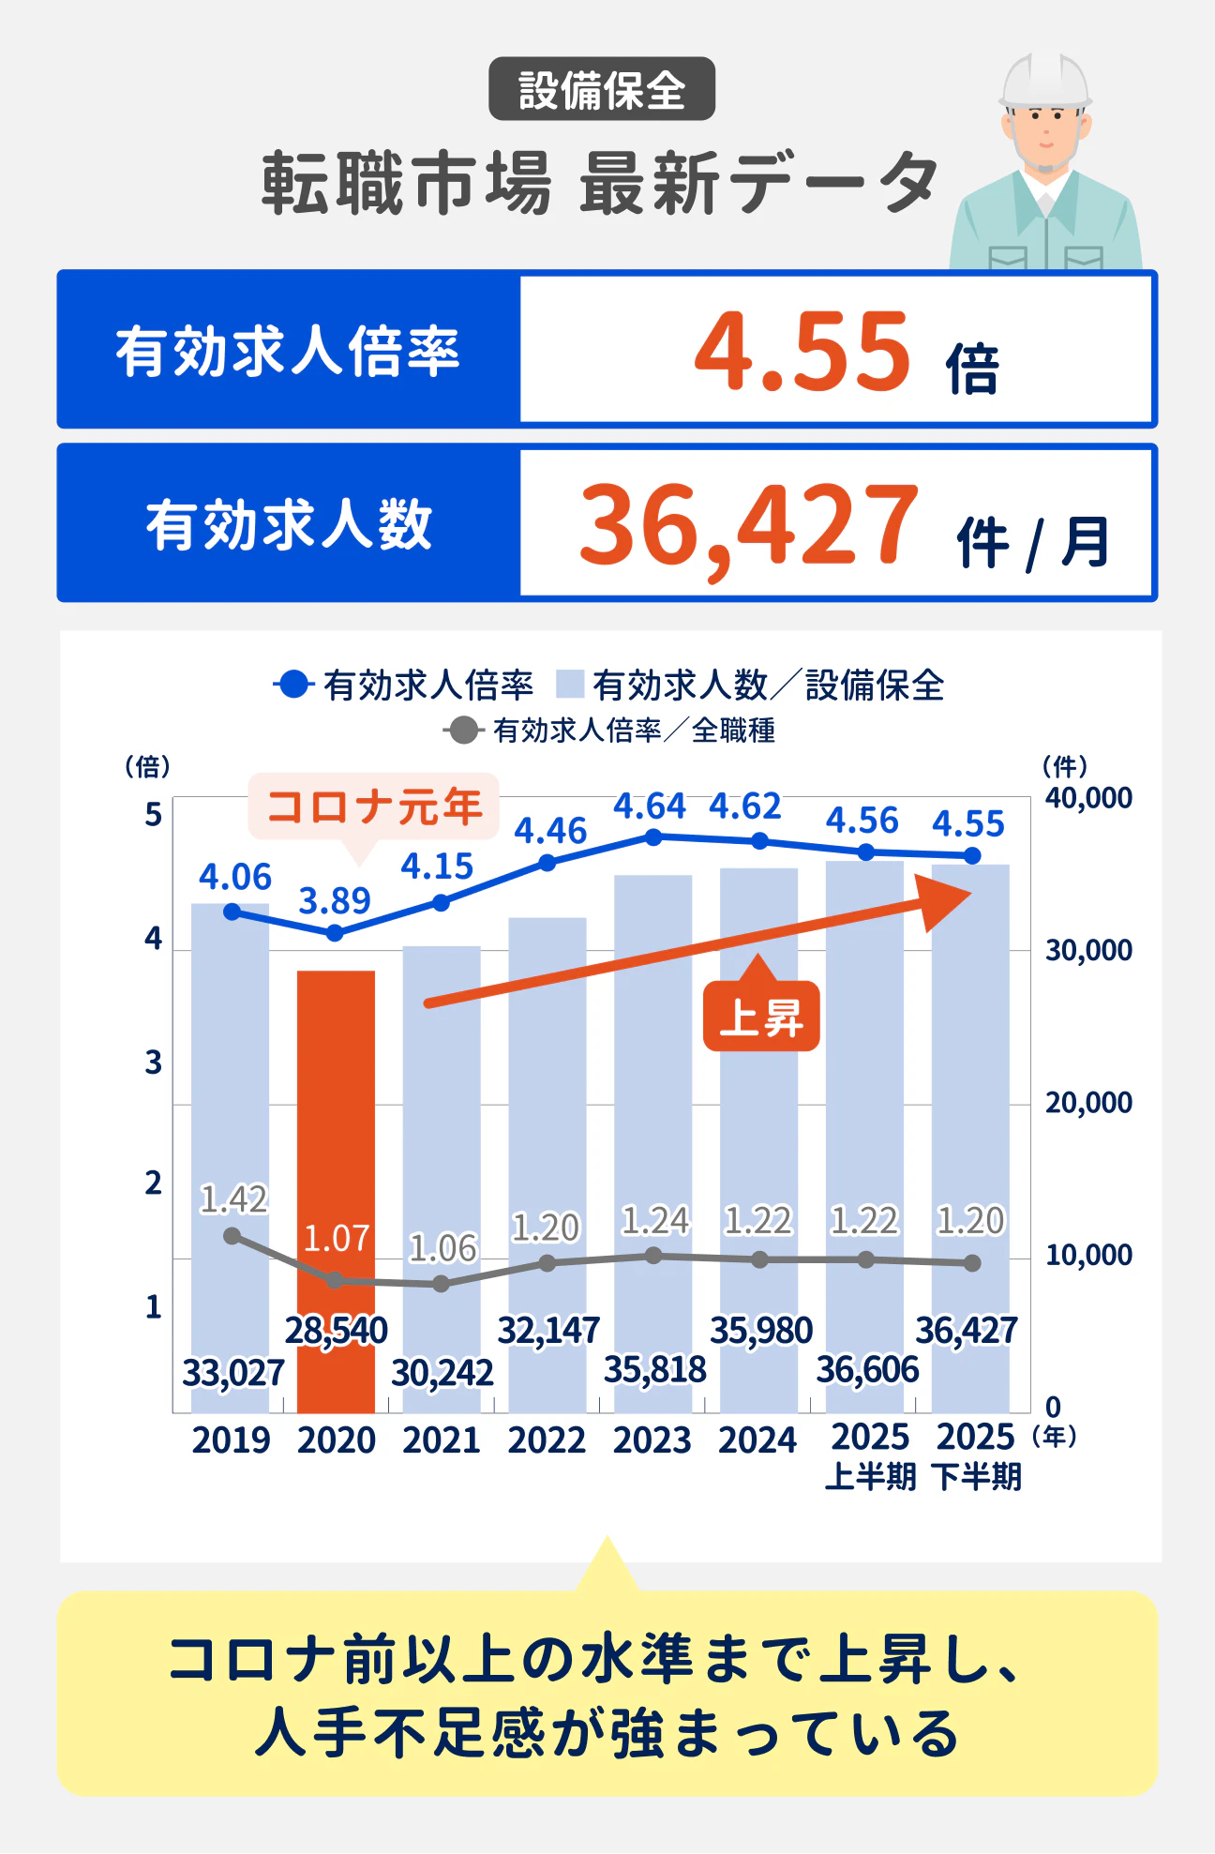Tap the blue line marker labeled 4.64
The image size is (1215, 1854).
click(654, 837)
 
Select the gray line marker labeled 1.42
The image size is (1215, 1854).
click(232, 1236)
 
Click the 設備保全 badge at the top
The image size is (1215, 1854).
click(602, 90)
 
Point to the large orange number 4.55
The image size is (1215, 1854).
click(802, 352)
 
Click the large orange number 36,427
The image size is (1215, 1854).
click(748, 525)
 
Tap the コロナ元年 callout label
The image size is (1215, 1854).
click(373, 806)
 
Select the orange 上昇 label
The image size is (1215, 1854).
click(761, 1017)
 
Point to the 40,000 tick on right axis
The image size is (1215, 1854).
click(1088, 798)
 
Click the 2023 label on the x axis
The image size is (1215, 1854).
click(652, 1439)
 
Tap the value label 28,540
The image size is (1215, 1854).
click(337, 1330)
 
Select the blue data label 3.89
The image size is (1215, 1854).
click(335, 901)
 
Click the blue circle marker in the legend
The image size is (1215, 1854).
click(293, 685)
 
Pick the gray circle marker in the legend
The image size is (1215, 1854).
click(463, 730)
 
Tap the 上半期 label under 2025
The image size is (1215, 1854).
click(870, 1477)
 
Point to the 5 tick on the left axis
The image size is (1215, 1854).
click(154, 814)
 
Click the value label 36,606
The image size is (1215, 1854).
click(867, 1370)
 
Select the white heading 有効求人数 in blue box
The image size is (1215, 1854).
click(289, 524)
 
